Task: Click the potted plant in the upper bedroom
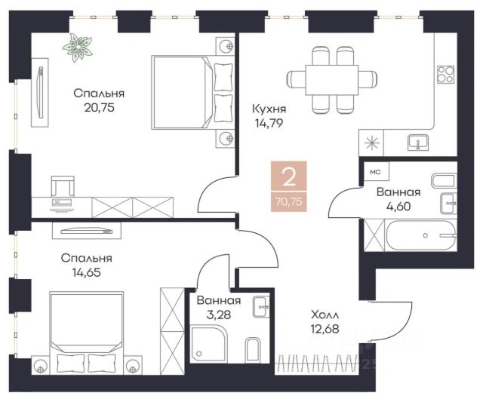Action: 77,48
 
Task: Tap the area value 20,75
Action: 99,108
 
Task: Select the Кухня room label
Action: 269,109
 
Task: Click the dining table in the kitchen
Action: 332,80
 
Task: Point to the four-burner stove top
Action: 445,75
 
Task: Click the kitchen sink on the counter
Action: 418,143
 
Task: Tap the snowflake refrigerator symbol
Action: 371,143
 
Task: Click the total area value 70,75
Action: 289,202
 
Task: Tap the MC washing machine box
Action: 376,172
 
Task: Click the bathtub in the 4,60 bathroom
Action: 421,235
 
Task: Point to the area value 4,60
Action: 398,206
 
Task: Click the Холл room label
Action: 325,315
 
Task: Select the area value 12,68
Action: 325,329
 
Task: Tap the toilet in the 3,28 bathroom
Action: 253,349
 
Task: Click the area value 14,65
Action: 87,272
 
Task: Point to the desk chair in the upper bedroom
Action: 63,186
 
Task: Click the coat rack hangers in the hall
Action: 318,364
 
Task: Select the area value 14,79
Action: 269,123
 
